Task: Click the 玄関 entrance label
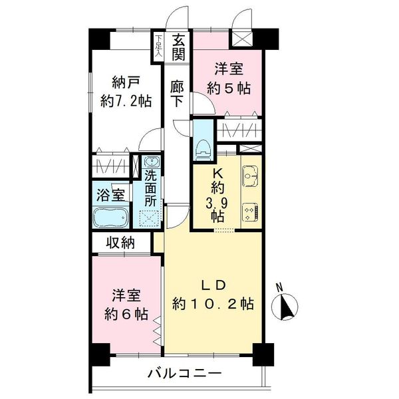coord(178,47)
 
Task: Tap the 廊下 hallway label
coord(177,94)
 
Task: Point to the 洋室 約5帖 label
coord(228,77)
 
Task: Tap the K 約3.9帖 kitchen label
coord(217,195)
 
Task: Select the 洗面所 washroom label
coord(150,188)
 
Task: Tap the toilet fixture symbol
coord(203,148)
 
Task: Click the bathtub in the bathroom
coord(110,217)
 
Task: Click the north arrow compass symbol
coord(288,307)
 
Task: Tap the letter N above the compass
coord(280,288)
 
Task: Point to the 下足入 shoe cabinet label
coord(158,46)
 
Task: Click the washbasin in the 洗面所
coord(150,162)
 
